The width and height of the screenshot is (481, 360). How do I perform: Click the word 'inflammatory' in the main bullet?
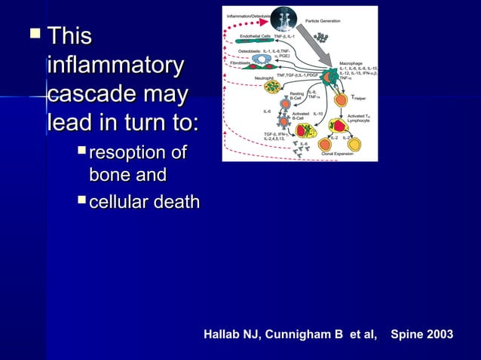click(x=114, y=65)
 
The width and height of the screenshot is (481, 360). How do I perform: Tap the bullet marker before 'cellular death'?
click(x=82, y=201)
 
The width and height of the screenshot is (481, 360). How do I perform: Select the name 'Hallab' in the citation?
click(x=225, y=334)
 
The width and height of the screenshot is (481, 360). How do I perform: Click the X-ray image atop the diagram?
click(x=285, y=18)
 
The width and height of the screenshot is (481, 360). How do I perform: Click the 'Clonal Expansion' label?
click(x=338, y=152)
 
